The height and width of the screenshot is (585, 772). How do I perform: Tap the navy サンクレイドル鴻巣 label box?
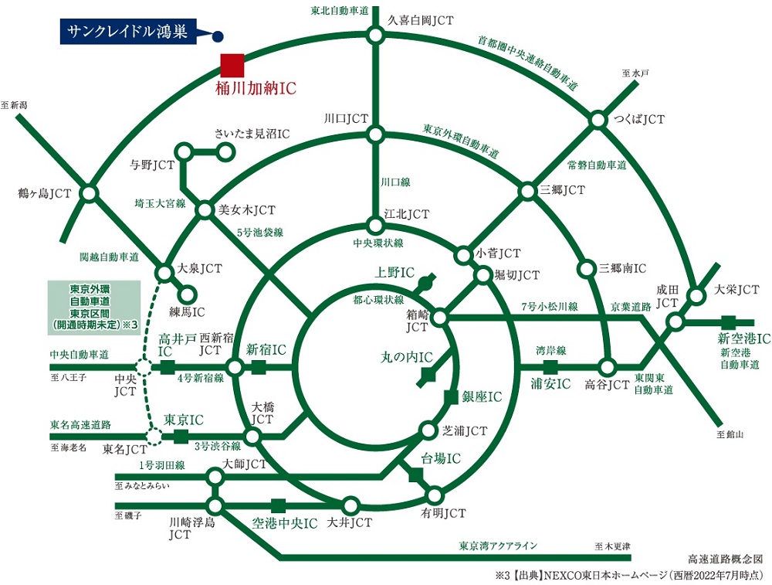click(127, 32)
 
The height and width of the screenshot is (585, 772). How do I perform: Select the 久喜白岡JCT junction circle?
click(375, 35)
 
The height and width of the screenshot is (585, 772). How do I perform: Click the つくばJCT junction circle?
click(598, 120)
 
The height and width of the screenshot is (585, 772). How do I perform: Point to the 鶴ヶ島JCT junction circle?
click(90, 192)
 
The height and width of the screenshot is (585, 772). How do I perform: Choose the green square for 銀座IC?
click(452, 396)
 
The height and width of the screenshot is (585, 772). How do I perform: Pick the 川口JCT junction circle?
click(375, 135)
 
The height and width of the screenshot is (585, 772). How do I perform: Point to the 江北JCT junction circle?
click(375, 226)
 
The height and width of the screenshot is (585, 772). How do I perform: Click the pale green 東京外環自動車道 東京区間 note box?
click(93, 307)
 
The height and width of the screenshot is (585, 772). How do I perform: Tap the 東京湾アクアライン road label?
click(498, 546)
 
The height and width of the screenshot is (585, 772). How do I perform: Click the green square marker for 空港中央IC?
click(279, 506)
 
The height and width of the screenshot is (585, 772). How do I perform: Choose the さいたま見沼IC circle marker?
click(225, 152)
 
